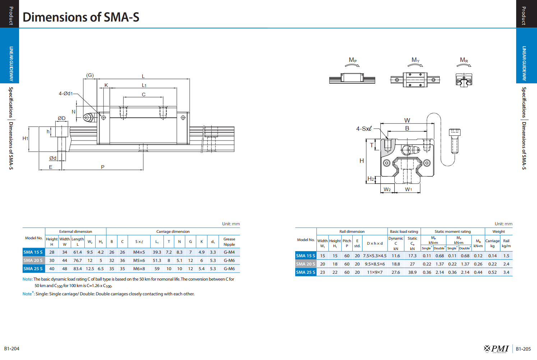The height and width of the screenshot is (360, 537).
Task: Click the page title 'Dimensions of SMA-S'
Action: (x=81, y=17)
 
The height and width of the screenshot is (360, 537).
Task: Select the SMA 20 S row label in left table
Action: (x=33, y=260)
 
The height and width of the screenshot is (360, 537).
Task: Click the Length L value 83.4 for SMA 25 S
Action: (x=78, y=269)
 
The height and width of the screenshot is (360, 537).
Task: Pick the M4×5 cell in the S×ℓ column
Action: (x=139, y=252)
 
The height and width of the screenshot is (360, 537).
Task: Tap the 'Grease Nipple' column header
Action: (x=229, y=242)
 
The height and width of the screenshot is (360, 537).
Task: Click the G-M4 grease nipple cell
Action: (x=229, y=252)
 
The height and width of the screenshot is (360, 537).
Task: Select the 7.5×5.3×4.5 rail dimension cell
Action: (x=375, y=256)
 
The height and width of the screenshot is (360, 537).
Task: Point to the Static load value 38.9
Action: (x=412, y=272)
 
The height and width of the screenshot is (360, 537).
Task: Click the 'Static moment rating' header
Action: (x=453, y=231)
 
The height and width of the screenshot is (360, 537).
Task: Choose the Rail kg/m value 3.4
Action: (x=506, y=272)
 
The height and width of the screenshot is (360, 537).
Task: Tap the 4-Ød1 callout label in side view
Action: (x=66, y=93)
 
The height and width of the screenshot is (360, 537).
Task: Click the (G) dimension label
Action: (x=90, y=75)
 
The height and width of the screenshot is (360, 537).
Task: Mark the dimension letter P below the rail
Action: (x=103, y=167)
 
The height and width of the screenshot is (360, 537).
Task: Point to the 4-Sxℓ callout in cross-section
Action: (x=364, y=129)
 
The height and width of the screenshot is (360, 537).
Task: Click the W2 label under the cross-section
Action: (x=387, y=189)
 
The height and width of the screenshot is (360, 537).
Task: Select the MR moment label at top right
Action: (x=464, y=60)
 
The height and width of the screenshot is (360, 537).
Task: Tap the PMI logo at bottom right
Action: (x=496, y=349)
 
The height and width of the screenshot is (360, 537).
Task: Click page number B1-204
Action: (x=12, y=349)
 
